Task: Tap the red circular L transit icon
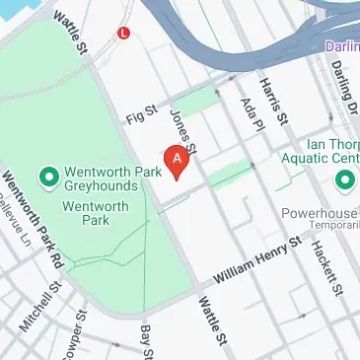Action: click(123, 32)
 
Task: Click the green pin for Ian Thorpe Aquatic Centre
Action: click(344, 180)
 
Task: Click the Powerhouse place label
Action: click(322, 209)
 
